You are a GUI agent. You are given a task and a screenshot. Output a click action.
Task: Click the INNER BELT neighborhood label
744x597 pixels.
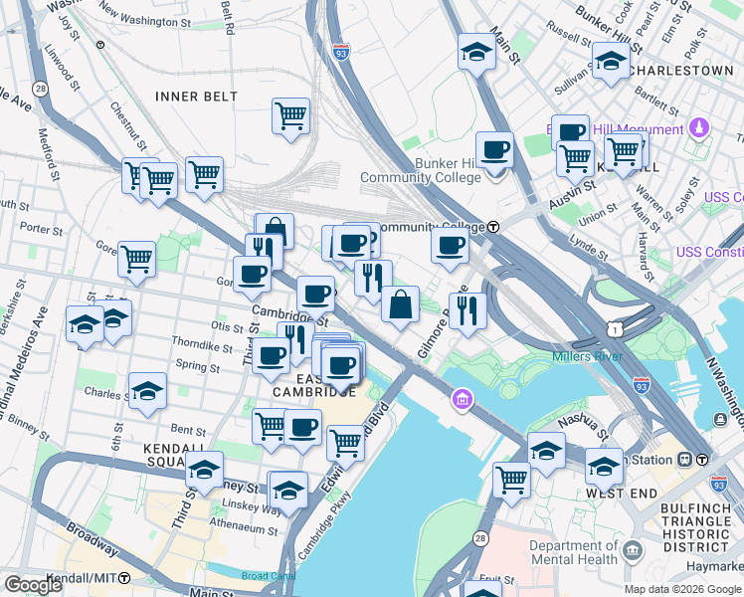[196, 96]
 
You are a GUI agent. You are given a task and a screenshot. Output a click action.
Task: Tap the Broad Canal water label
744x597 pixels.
[269, 576]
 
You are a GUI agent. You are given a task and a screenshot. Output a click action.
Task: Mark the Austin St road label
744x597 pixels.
[575, 185]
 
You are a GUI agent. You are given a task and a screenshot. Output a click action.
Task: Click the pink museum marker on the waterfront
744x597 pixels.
[462, 401]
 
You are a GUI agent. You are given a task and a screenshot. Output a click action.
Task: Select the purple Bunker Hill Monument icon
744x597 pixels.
[699, 128]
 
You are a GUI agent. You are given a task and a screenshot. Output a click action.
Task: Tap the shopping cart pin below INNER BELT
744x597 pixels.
[290, 115]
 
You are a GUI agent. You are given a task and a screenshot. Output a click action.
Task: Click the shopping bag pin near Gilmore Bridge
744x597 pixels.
[400, 304]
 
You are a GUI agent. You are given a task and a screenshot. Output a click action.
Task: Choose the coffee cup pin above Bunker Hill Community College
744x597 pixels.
[494, 150]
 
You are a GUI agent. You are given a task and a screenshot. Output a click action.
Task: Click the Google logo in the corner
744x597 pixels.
[34, 585]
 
